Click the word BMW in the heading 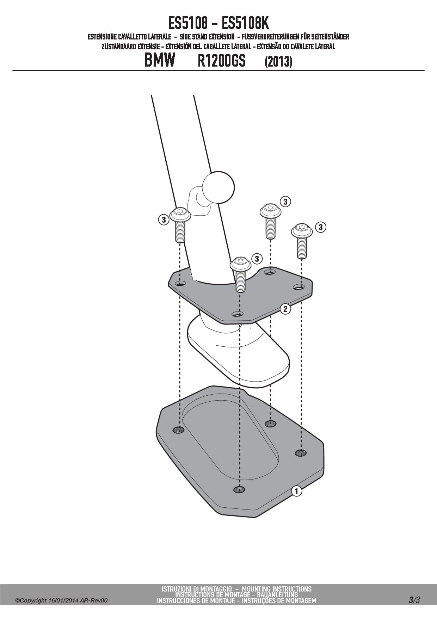click(160, 61)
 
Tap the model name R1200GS click(221, 61)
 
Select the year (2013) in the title click(278, 62)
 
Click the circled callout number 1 click(296, 491)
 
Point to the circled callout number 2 click(285, 309)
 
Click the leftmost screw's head click(180, 214)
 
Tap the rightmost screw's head click(302, 230)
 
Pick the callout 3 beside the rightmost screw click(320, 227)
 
